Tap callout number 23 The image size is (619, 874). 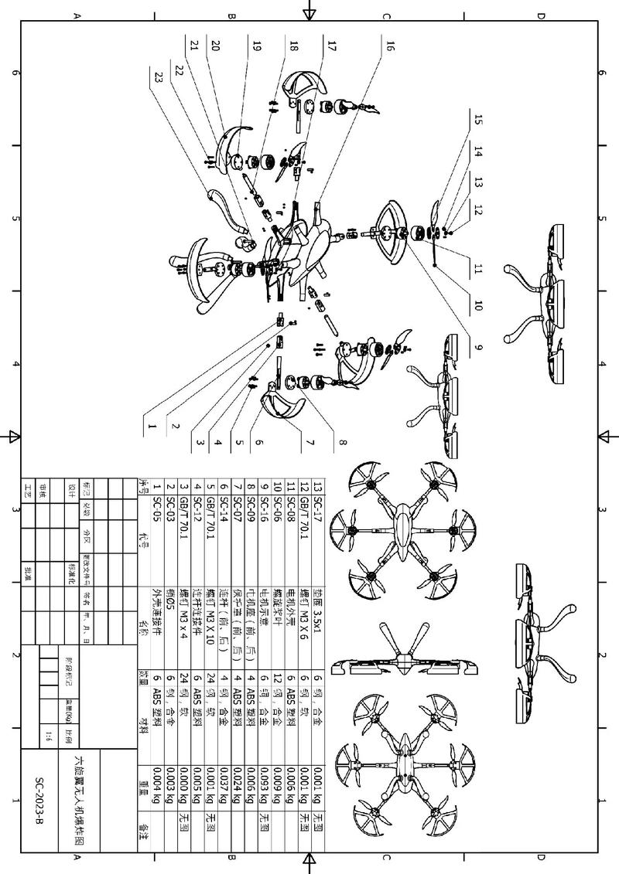(x=158, y=77)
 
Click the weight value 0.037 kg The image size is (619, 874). (x=224, y=796)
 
